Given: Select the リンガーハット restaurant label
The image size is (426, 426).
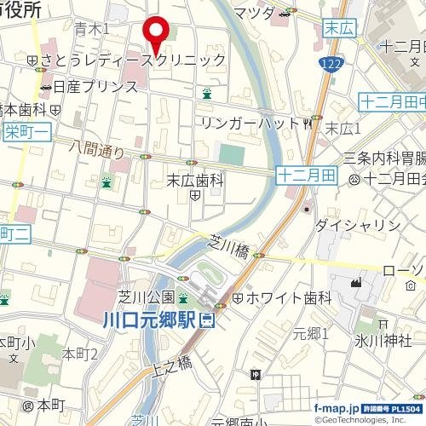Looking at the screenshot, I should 250,124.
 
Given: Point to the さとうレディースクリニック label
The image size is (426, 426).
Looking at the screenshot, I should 133,60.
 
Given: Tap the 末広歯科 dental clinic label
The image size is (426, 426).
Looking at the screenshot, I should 194,180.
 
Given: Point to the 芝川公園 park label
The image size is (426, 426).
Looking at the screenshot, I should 146,297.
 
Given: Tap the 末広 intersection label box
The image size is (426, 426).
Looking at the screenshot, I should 338,29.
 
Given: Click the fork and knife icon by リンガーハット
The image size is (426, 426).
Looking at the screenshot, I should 308,124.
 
